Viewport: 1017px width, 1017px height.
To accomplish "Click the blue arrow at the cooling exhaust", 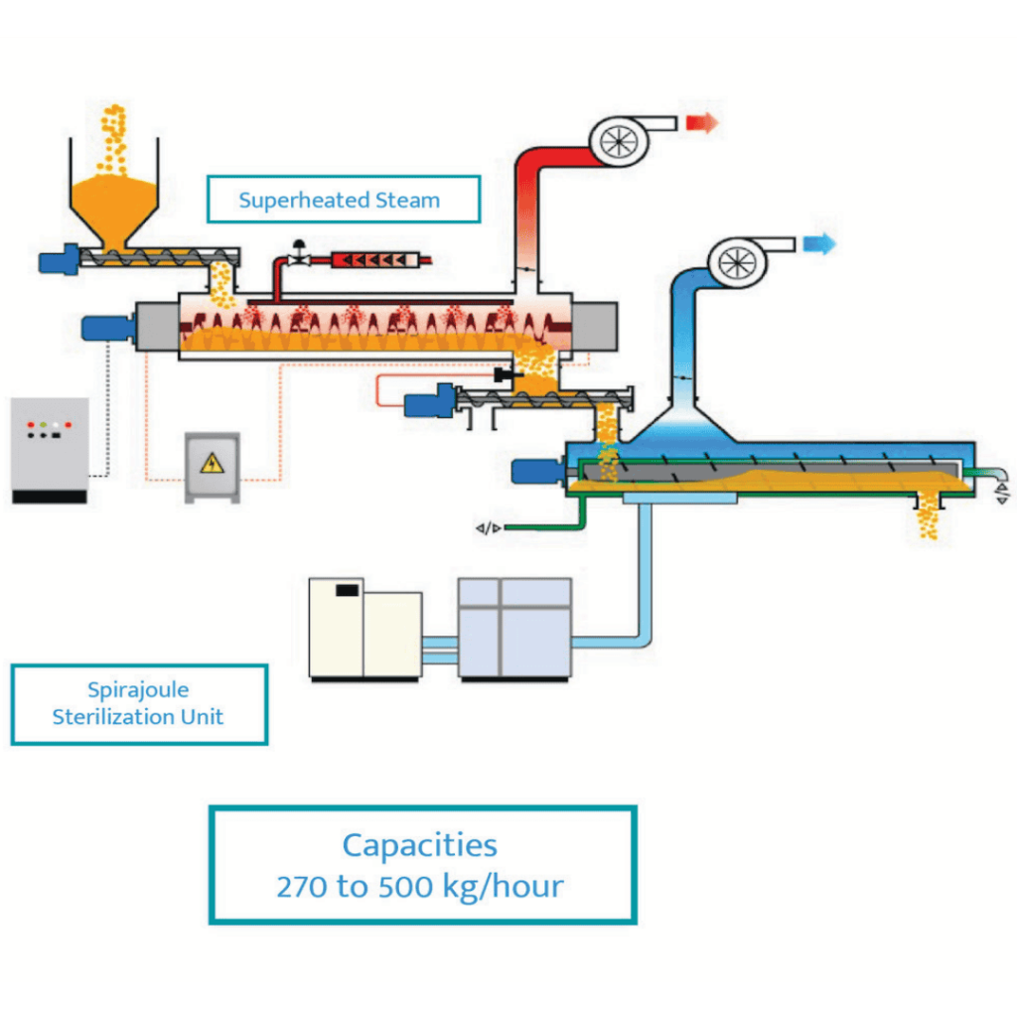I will coord(819,243).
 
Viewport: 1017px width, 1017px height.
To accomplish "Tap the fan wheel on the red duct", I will coord(619,142).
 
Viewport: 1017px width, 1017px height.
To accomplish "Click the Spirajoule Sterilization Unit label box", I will coord(139,704).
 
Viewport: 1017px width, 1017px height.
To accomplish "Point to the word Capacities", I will coord(419,845).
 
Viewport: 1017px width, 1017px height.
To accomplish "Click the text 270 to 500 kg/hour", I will coord(419,886).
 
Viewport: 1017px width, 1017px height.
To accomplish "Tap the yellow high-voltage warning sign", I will coord(212,463).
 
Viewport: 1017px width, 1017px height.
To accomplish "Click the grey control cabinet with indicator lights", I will coord(49,450).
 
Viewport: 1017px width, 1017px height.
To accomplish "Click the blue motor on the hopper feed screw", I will coord(58,261).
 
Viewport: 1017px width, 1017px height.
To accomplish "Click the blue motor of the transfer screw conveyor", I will coord(428,401).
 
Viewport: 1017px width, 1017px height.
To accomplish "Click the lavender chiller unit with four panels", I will coord(514,628).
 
